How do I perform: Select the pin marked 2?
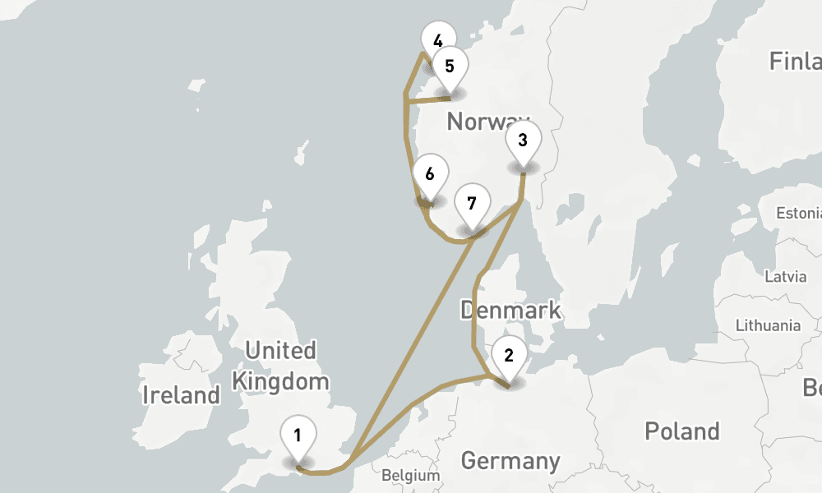[x=509, y=357]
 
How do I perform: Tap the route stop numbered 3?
[x=523, y=141]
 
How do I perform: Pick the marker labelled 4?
[x=437, y=40]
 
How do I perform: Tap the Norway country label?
[x=487, y=122]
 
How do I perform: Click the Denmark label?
[x=510, y=311]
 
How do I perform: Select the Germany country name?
[x=510, y=460]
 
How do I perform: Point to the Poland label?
[x=681, y=431]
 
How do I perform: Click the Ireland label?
[x=181, y=395]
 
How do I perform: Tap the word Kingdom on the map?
[x=280, y=381]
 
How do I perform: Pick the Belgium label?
[x=411, y=475]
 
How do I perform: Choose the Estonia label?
[x=798, y=214]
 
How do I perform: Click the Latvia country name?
[x=785, y=276]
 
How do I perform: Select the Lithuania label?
[x=768, y=325]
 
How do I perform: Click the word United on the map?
[x=280, y=351]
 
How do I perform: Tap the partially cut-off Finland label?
[x=795, y=61]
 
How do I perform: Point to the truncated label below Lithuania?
[x=813, y=386]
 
